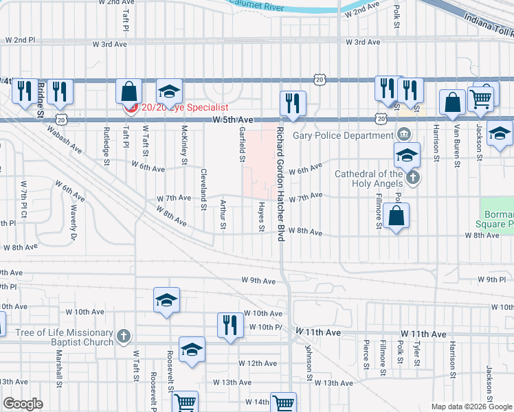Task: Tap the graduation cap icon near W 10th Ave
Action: [166, 300]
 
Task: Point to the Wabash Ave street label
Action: [65, 140]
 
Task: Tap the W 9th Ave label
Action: [258, 281]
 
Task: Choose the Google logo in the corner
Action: [23, 404]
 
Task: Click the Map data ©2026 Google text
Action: [471, 407]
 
